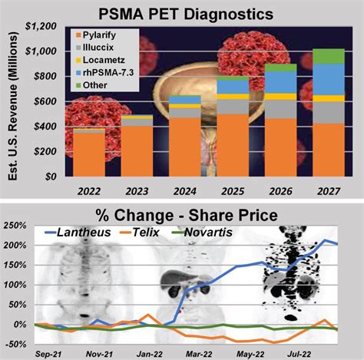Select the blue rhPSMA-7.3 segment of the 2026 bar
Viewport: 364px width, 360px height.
click(280, 82)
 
